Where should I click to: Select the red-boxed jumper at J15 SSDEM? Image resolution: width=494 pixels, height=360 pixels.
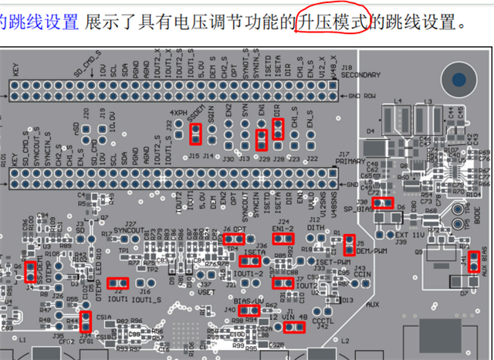click(x=196, y=134)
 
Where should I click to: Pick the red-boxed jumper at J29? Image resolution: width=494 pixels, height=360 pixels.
click(x=262, y=139)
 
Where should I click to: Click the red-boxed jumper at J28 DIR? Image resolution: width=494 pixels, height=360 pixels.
click(x=278, y=128)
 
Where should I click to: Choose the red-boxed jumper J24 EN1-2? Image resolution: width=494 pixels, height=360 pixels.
click(x=282, y=240)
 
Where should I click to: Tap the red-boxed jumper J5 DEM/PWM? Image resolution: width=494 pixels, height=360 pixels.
click(x=349, y=244)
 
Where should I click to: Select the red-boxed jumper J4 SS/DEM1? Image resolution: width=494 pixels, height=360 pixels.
click(x=30, y=272)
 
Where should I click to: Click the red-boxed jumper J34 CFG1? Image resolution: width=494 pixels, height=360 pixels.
click(x=85, y=319)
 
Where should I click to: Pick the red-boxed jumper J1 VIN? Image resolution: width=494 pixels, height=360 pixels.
click(x=294, y=327)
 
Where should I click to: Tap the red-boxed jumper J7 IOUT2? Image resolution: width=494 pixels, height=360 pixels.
click(x=283, y=283)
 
